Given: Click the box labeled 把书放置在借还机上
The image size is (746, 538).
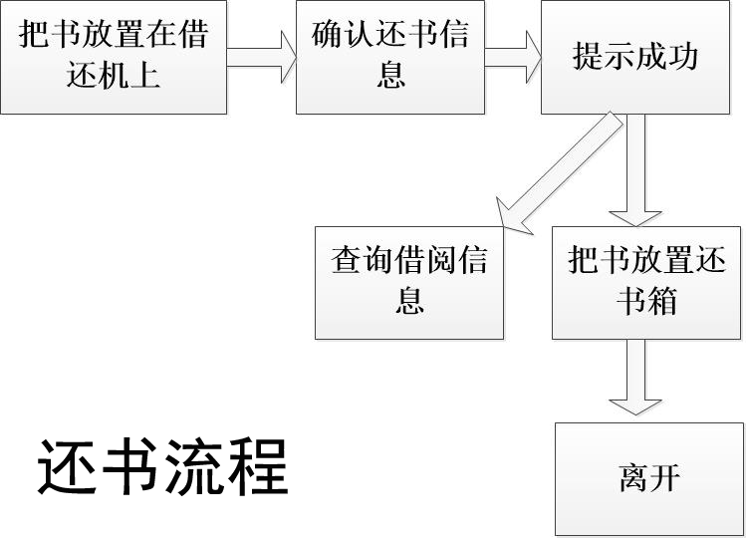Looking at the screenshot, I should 114,58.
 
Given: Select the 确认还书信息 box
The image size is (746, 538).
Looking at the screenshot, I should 390,58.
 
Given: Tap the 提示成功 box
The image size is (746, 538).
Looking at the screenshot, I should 635,58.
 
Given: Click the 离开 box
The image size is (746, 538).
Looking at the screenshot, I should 648,479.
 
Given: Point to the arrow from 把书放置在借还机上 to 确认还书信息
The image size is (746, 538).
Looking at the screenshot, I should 262,58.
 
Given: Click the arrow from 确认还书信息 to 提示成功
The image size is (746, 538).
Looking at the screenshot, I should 513,58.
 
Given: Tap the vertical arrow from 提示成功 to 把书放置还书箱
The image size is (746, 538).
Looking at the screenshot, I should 635,169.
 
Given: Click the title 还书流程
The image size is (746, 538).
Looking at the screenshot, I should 163,465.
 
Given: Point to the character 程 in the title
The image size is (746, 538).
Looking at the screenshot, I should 257,465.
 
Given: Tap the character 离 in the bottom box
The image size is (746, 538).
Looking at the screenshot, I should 633,479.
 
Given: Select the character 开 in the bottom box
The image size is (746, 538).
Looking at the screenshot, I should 664,479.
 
